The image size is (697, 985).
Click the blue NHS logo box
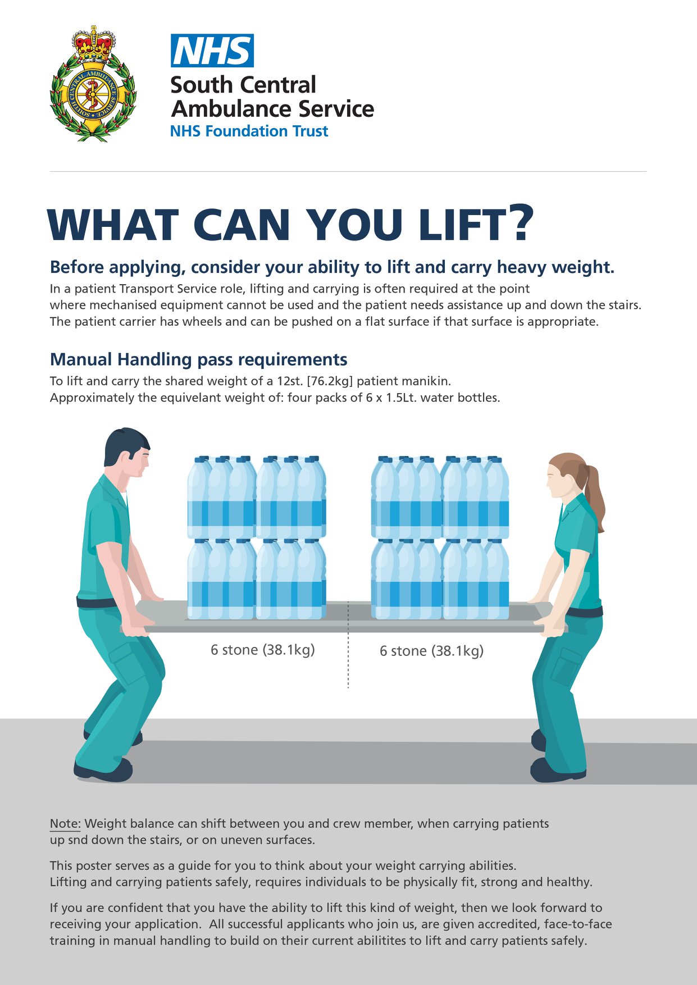pos(212,51)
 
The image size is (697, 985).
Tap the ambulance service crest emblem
pos(93,84)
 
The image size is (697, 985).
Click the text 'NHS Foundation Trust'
pos(249,131)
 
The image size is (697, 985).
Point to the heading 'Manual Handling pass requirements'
pos(199,359)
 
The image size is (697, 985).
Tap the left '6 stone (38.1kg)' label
pos(263,650)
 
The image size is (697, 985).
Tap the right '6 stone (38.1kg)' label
pos(431,651)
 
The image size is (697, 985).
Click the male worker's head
pos(127,455)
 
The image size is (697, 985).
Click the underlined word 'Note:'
pos(66,824)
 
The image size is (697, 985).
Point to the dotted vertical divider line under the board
pos(348,645)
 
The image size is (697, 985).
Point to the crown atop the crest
pos(93,43)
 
